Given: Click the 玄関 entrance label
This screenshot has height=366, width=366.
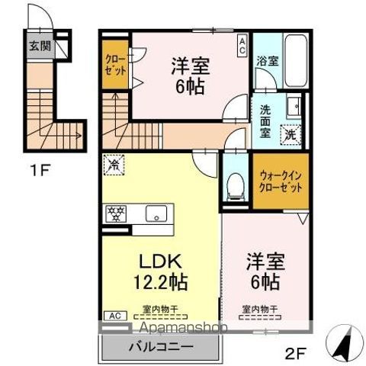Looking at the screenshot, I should (40, 45).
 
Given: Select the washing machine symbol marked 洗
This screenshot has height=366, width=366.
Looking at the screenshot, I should (291, 135).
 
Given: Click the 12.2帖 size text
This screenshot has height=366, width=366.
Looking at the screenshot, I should (161, 281).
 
